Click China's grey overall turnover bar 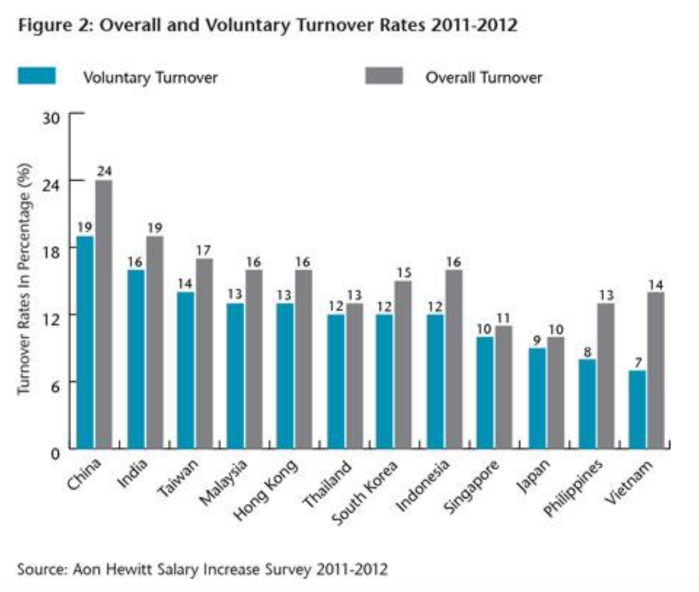pyautogui.click(x=104, y=314)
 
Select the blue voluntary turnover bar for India pyautogui.click(x=136, y=359)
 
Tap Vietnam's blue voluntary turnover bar pyautogui.click(x=637, y=410)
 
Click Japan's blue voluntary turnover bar pyautogui.click(x=537, y=399)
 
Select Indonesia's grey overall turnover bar pyautogui.click(x=453, y=359)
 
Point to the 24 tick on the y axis pyautogui.click(x=55, y=181)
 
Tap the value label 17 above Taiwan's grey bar pyautogui.click(x=203, y=250)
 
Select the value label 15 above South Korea pyautogui.click(x=403, y=272)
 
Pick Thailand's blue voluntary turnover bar pyautogui.click(x=336, y=382)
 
